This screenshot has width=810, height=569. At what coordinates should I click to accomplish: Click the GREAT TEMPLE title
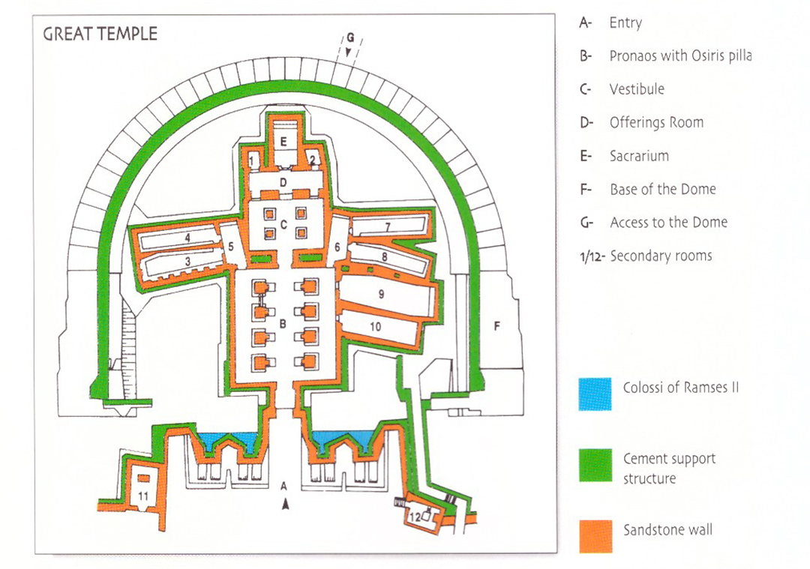click(100, 34)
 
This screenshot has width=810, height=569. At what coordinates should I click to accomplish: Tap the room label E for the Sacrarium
click(283, 141)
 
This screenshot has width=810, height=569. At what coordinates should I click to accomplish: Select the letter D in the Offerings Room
click(283, 182)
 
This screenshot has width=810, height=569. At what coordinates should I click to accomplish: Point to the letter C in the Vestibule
click(283, 224)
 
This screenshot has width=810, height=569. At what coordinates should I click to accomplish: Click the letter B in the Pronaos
click(283, 325)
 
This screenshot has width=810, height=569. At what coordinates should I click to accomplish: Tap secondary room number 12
click(415, 517)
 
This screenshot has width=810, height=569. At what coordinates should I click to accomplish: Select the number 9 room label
click(381, 294)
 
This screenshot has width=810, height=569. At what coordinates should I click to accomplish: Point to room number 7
click(388, 226)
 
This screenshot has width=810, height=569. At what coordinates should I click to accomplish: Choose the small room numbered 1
click(253, 159)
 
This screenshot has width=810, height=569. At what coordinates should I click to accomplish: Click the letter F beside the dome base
click(496, 325)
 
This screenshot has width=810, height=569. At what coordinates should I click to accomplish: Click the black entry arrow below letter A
click(285, 505)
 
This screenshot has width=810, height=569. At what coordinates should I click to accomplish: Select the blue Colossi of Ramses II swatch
click(595, 394)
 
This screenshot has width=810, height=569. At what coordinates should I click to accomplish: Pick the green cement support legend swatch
click(595, 465)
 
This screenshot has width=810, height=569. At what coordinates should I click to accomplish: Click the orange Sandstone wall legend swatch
click(595, 535)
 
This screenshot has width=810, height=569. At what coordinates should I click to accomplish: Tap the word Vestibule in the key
click(637, 89)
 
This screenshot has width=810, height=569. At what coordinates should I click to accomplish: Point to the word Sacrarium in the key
click(639, 156)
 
